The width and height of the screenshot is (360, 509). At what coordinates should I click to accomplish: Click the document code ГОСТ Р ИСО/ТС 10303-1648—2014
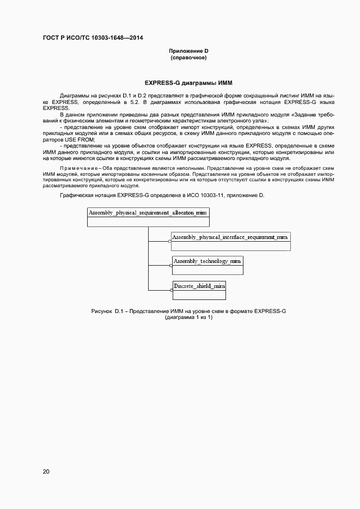click(x=93, y=38)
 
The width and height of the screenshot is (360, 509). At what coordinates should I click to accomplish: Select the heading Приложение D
click(x=188, y=51)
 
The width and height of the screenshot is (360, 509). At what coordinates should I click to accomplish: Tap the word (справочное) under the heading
click(x=188, y=57)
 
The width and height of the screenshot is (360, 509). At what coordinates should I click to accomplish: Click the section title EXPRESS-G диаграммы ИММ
click(x=188, y=83)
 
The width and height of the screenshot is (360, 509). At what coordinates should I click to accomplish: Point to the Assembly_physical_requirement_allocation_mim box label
click(x=148, y=213)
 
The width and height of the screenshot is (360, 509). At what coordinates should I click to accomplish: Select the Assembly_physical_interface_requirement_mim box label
click(x=230, y=237)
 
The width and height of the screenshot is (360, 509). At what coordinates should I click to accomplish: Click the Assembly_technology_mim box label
click(x=207, y=261)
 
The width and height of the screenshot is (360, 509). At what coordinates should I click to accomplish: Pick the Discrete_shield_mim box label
click(x=199, y=285)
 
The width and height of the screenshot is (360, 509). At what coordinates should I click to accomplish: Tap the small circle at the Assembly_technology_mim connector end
click(x=170, y=266)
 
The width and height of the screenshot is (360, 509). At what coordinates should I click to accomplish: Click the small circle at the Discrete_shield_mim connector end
click(x=170, y=290)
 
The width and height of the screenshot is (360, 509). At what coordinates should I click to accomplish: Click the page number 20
click(x=46, y=471)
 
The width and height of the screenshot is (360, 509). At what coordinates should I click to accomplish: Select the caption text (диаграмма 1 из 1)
click(x=188, y=317)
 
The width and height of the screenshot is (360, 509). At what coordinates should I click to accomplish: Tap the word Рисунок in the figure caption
click(x=102, y=311)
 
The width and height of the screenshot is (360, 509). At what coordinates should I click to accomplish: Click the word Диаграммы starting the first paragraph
click(x=75, y=95)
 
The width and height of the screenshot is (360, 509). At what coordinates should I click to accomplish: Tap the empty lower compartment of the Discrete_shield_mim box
click(x=199, y=295)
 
